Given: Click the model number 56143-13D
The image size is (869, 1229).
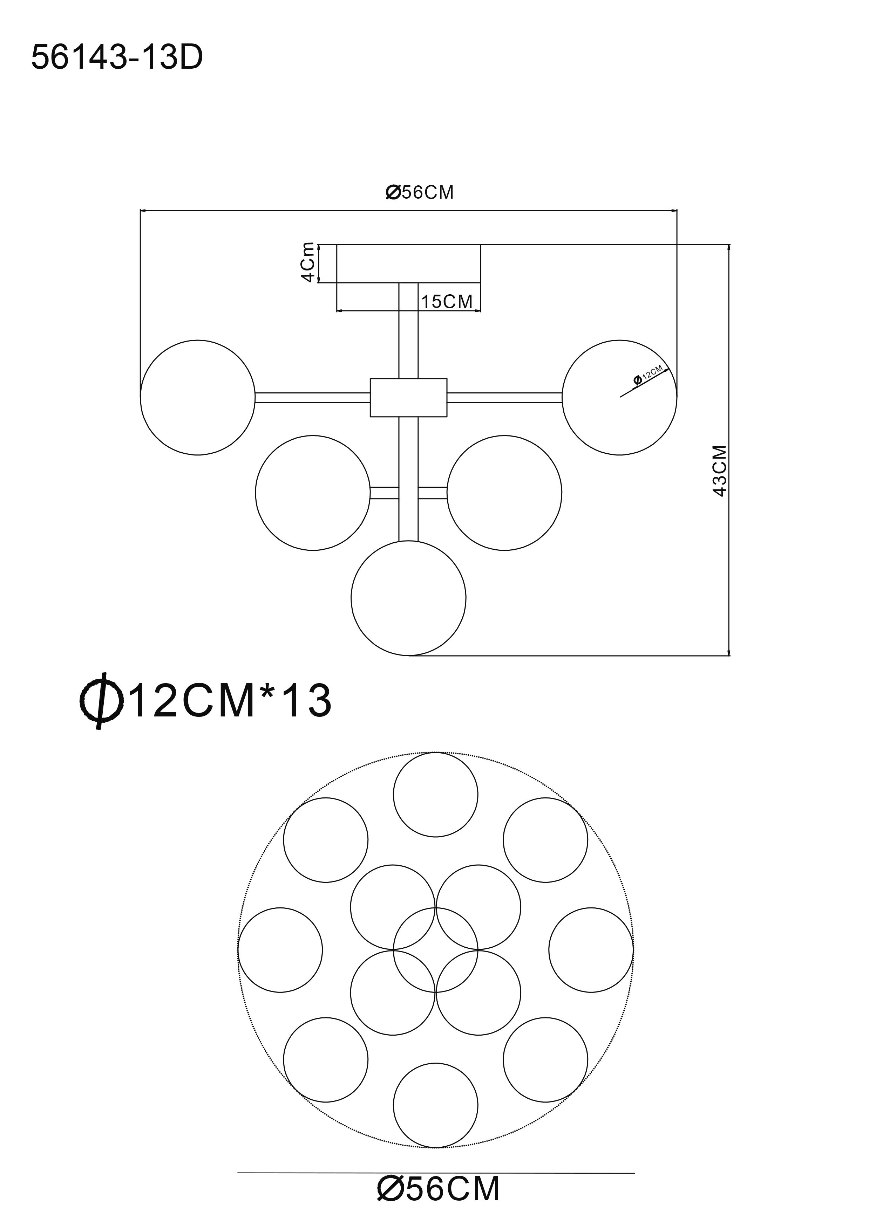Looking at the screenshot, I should (117, 58).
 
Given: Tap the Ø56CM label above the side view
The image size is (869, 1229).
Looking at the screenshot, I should (419, 192).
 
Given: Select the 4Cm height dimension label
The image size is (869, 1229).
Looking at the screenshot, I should (307, 262).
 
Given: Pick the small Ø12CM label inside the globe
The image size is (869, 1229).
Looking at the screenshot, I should (649, 373).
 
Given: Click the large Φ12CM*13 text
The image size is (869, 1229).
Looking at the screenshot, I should (206, 700).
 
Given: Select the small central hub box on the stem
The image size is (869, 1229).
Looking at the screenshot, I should (408, 397).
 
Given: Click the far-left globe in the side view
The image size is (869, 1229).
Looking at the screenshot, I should (198, 397).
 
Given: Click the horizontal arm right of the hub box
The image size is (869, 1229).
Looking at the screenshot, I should (504, 397).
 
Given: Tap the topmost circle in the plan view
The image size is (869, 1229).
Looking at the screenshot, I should (435, 795).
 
